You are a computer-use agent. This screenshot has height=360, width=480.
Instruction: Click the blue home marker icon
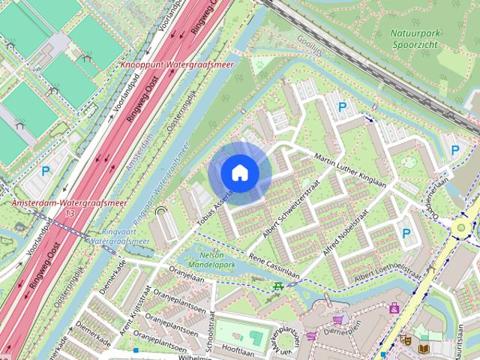(240, 173)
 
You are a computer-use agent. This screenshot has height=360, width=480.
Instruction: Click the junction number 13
(70, 214)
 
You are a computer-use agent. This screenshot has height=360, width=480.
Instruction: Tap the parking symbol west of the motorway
(45, 172)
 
